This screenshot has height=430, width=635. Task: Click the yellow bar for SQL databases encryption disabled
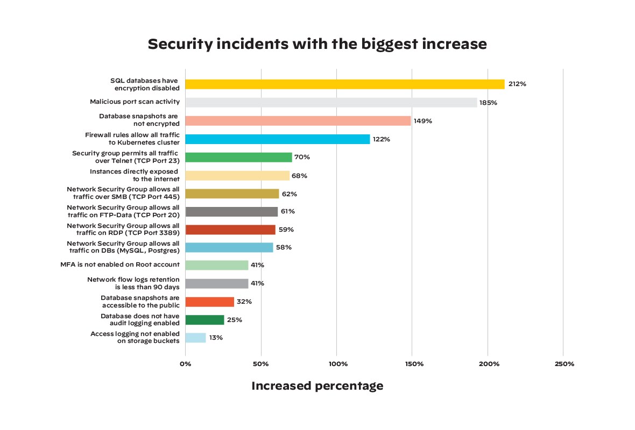[345, 84]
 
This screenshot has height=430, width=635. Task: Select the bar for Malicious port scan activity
[331, 102]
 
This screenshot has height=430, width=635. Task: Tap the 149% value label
[423, 121]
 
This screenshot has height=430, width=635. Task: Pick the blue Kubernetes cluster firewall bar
[278, 139]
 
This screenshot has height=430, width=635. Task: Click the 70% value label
[302, 157]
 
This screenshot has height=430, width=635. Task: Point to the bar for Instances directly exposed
[237, 176]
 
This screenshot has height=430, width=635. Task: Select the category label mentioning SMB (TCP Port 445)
[123, 193]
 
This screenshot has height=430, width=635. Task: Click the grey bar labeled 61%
[231, 212]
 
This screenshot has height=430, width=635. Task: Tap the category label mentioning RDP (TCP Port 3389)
[123, 230]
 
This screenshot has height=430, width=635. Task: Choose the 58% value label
[284, 248]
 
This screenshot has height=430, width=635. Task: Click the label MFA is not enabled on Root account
[120, 265]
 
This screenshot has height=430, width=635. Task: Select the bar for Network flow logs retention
[217, 283]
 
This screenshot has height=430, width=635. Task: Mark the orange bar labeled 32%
[210, 302]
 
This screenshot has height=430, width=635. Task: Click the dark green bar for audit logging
[204, 320]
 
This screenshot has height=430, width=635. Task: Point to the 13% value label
[216, 338]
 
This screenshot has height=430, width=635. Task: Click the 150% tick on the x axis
[412, 364]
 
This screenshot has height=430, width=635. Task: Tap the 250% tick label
[563, 364]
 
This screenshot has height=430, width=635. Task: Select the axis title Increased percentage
[317, 386]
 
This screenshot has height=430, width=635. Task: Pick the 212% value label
[517, 84]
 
